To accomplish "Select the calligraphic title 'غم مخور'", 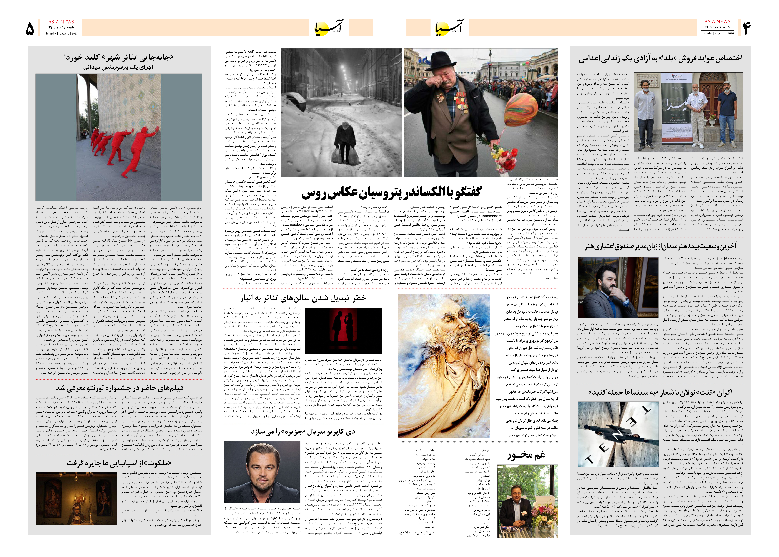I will [x=526, y=455].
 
